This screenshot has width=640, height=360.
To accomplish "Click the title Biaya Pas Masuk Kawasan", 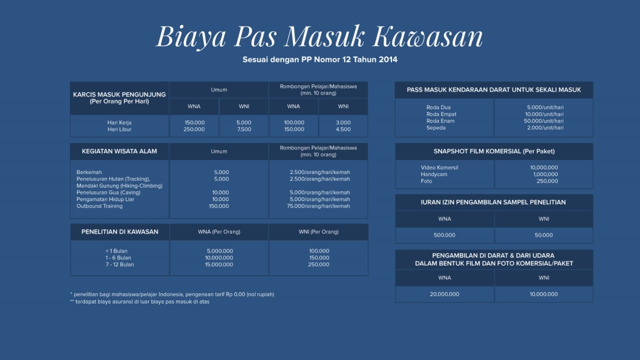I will [319, 36].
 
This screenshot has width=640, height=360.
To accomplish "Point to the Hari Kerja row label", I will [119, 122].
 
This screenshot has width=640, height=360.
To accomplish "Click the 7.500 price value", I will [243, 129].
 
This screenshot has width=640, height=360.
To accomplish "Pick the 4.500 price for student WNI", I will [343, 129].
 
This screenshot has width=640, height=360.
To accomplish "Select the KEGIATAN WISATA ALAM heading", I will [119, 151].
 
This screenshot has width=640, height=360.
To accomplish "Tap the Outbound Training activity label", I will [99, 206].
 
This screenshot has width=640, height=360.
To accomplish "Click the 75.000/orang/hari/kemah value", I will [319, 206].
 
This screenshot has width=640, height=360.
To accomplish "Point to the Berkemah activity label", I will [89, 172].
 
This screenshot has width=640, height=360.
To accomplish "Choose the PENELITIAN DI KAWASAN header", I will [119, 231].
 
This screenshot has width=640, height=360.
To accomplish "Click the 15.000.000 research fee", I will [219, 264].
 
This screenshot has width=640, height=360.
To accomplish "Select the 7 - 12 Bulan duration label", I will [119, 264].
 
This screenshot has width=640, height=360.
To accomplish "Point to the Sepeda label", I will [436, 128].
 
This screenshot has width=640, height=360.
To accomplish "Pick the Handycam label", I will [434, 174].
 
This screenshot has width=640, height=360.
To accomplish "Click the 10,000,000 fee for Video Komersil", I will [544, 168].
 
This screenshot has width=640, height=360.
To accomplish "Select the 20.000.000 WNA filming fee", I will [444, 294].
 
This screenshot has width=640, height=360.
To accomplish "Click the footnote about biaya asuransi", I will [140, 302].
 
